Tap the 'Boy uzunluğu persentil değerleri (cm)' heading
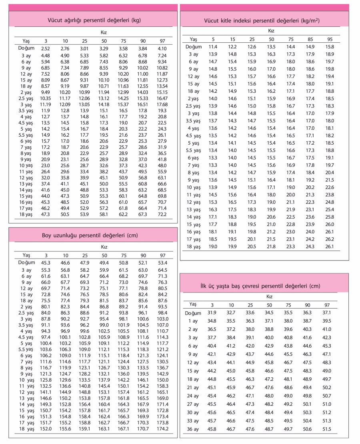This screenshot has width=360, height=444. click(90, 235)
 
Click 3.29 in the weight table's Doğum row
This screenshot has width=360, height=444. click(104, 48)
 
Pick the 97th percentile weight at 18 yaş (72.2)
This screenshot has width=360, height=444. click(162, 214)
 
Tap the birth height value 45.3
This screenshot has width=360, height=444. click(46, 263)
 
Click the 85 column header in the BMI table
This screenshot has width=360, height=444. click(310, 39)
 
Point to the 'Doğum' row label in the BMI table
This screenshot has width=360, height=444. click(194, 47)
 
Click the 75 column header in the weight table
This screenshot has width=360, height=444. click(123, 41)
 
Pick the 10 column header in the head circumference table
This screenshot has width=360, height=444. click(231, 305)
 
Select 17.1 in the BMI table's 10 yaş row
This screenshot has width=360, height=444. click(271, 187)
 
